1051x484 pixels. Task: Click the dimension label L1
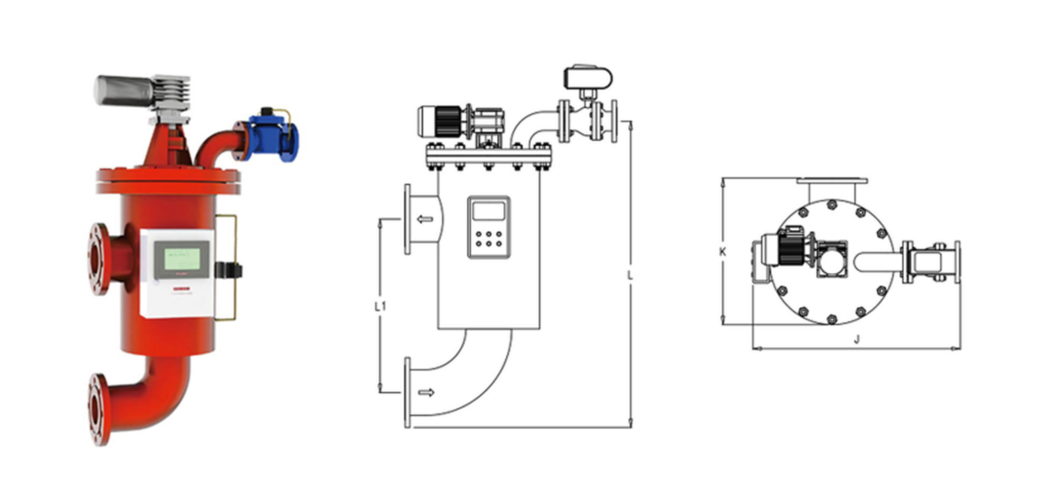pyautogui.click(x=380, y=306)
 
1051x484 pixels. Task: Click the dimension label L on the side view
pyautogui.click(x=630, y=276)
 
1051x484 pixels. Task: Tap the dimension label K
pyautogui.click(x=722, y=252)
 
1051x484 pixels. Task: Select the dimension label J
pyautogui.click(x=857, y=339)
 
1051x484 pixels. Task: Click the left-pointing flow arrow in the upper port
pyautogui.click(x=425, y=220)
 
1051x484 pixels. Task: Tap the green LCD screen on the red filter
pyautogui.click(x=182, y=259)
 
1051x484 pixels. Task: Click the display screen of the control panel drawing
pyautogui.click(x=488, y=211)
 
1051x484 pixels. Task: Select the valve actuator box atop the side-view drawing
pyautogui.click(x=588, y=78)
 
